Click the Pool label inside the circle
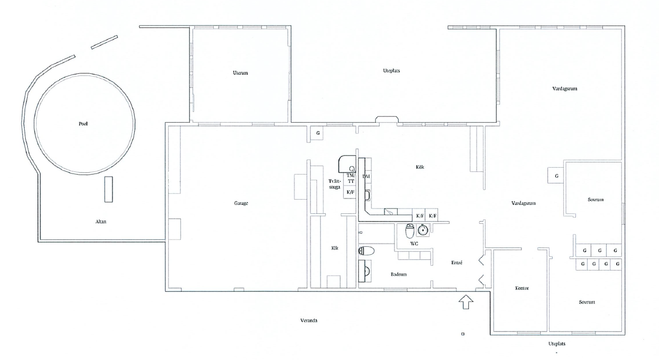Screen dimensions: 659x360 [83, 124]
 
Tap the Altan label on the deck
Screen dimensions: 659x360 [101, 222]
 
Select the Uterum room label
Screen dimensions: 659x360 [240, 73]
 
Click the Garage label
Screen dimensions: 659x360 [241, 203]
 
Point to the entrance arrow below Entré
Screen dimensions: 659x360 [466, 302]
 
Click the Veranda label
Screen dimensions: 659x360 [309, 321]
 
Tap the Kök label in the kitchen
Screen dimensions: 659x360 [420, 167]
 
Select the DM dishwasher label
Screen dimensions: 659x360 [366, 177]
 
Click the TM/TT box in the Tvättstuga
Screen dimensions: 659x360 [350, 179]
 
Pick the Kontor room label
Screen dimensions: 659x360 [522, 288]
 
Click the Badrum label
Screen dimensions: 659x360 [399, 275]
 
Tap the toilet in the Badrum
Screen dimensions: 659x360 [367, 251]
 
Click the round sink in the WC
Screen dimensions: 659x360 [423, 230]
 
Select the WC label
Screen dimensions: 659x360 [414, 244]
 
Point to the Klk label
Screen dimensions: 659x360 [335, 248]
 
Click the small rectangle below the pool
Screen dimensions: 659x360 [108, 189]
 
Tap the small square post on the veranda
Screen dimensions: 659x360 [463, 334]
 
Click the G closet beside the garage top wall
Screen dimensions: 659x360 [318, 133]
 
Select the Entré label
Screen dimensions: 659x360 [457, 263]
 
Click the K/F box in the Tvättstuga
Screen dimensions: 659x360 [350, 192]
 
